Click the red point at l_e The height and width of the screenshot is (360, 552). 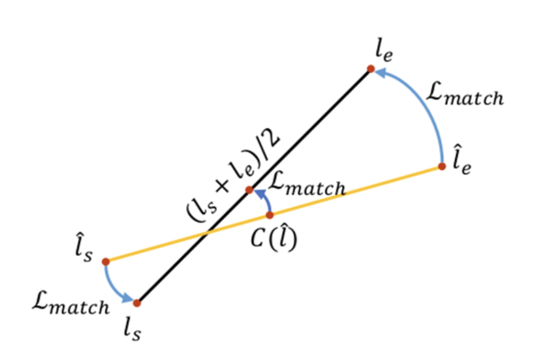pyautogui.click(x=370, y=69)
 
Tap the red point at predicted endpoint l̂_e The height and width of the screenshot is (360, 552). pyautogui.click(x=442, y=166)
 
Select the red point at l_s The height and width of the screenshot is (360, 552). pyautogui.click(x=137, y=303)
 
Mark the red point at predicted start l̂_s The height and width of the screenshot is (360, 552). pyautogui.click(x=105, y=261)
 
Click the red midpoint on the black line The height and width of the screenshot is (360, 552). pyautogui.click(x=249, y=190)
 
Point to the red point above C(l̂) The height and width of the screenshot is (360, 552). pyautogui.click(x=269, y=215)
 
